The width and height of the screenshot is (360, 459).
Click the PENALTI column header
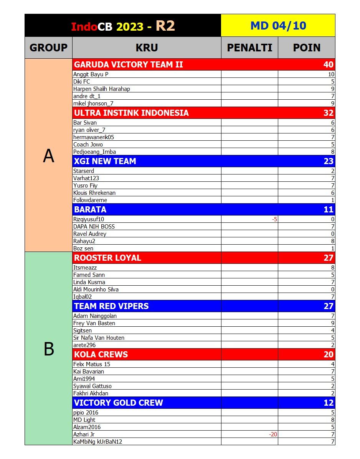point(249,48)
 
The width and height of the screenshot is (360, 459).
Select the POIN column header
point(307,48)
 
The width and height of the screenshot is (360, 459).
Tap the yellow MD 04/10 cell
point(278,26)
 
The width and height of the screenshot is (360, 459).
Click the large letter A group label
point(48,156)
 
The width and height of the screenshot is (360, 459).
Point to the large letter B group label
point(48,349)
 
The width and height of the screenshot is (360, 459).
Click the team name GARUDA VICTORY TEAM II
point(128,64)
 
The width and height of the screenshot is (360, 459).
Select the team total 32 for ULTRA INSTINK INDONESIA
point(328,113)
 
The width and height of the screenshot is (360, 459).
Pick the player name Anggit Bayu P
point(91,74)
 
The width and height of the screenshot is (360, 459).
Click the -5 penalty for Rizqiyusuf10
point(274,219)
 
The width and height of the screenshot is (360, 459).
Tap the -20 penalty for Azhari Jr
point(273,434)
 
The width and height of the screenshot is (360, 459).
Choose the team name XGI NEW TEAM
point(105,161)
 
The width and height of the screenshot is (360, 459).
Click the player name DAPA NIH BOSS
point(94,227)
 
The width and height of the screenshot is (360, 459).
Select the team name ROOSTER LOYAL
point(107,258)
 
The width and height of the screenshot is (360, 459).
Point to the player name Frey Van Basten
point(94,323)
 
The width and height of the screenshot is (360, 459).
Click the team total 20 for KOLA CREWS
point(328,354)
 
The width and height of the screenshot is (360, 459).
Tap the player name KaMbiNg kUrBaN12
point(97,442)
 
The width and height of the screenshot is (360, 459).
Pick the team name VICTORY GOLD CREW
point(118,403)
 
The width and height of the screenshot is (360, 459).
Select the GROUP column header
point(48,48)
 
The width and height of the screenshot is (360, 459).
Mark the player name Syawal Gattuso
point(92,386)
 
